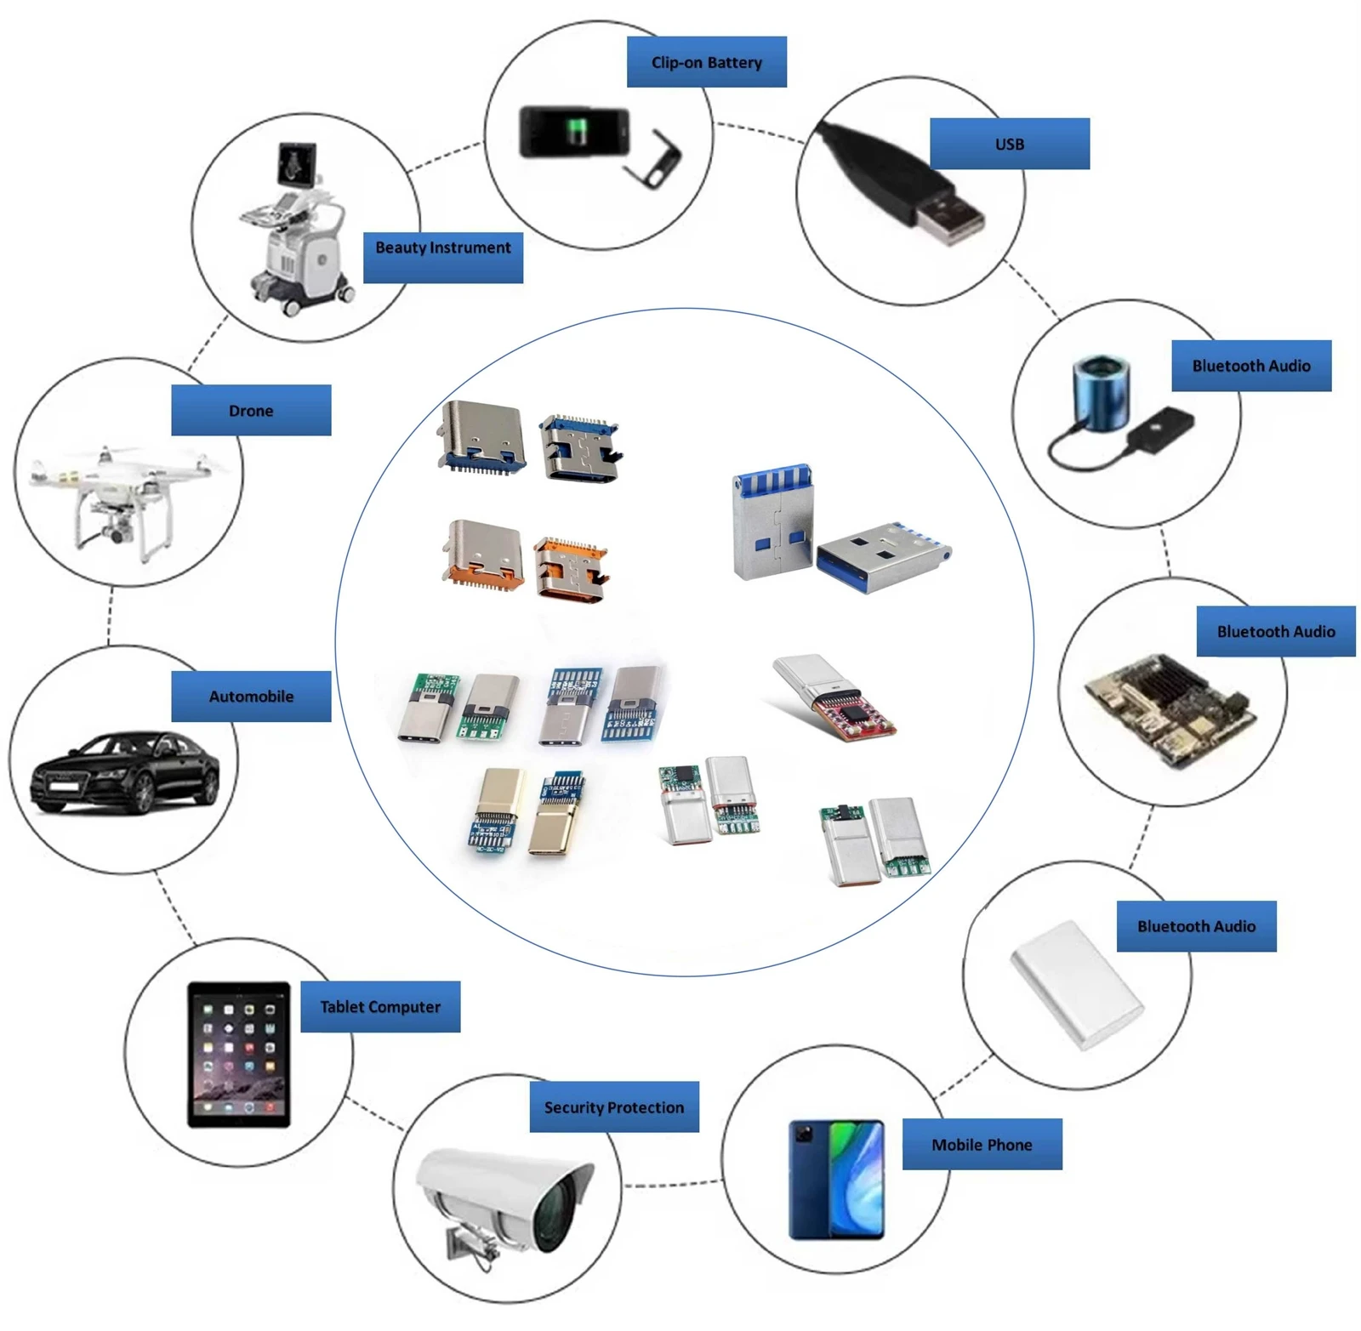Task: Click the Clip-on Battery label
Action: (x=706, y=62)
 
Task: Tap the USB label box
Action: (x=1009, y=144)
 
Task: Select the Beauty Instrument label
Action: (x=442, y=258)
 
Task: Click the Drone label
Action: (x=251, y=410)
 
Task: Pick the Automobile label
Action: (x=251, y=696)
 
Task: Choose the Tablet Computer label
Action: (x=380, y=1006)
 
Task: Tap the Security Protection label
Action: (x=614, y=1106)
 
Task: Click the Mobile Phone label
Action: (x=982, y=1144)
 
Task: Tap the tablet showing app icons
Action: (x=239, y=1055)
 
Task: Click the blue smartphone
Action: (x=837, y=1180)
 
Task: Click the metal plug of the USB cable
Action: (x=949, y=216)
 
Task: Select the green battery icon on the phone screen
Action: (x=578, y=130)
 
